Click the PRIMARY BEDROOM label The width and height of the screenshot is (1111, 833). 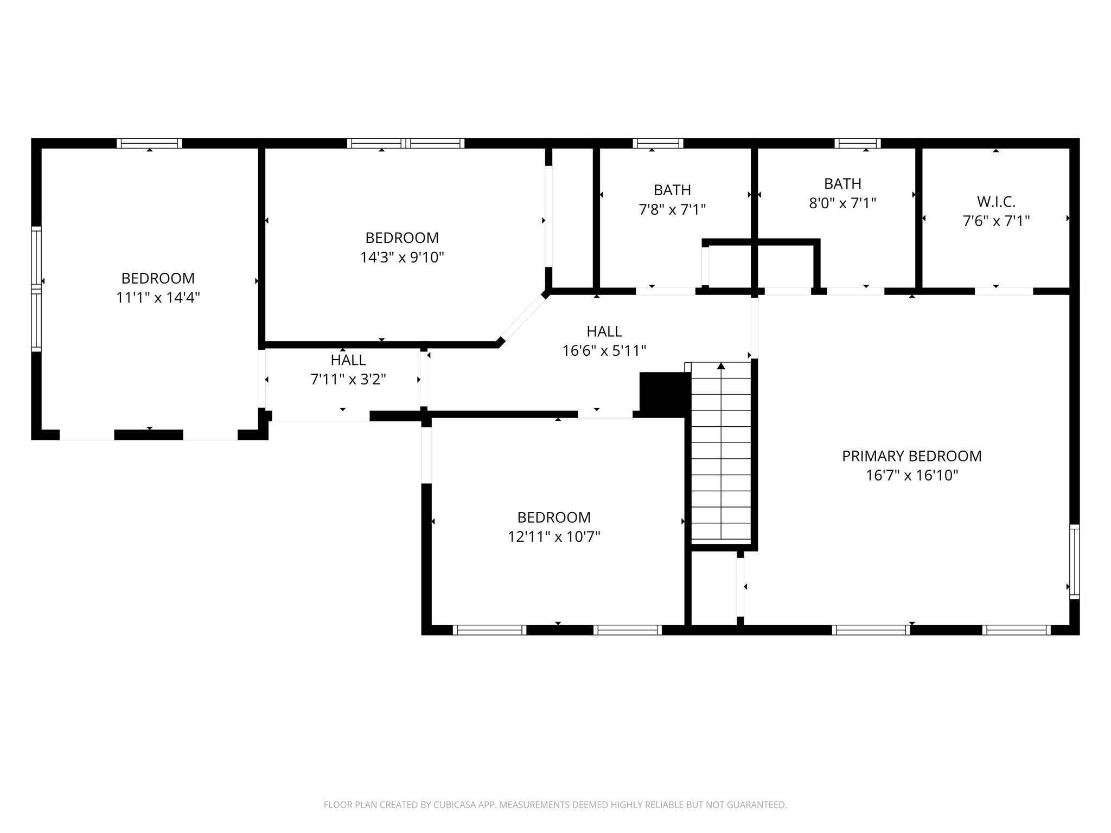tap(911, 456)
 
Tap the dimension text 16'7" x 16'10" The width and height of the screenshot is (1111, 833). tap(911, 476)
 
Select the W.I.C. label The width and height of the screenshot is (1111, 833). tap(996, 202)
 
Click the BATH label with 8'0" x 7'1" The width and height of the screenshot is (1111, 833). tap(842, 184)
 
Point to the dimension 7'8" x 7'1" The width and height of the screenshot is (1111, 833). tap(672, 209)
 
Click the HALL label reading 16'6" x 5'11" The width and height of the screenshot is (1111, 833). tap(604, 331)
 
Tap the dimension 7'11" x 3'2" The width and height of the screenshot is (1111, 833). tap(348, 379)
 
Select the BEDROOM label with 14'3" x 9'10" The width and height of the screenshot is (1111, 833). tap(402, 238)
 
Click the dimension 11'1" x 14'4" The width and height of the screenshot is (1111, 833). tap(158, 297)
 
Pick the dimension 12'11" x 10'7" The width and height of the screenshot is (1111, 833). tap(553, 537)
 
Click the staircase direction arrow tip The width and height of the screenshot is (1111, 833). tap(721, 366)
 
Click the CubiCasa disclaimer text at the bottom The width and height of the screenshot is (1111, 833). tap(555, 805)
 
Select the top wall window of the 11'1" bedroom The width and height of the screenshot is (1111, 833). tap(149, 143)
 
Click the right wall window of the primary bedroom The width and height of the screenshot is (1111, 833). tap(1074, 561)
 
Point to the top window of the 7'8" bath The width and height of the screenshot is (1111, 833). tap(657, 143)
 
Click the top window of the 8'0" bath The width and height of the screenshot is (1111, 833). tap(857, 143)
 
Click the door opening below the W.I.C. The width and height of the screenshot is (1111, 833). tap(1004, 291)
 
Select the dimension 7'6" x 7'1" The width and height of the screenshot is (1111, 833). tap(996, 221)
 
